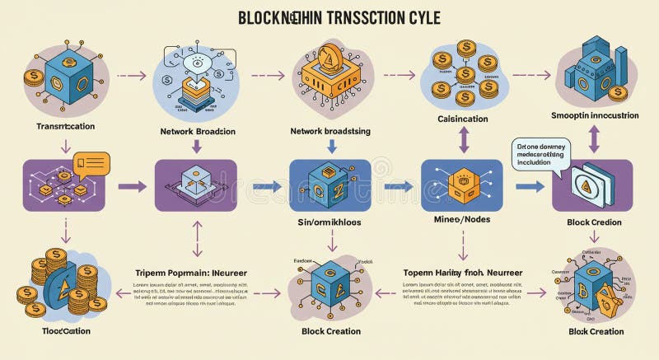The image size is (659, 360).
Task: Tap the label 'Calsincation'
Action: (x=456, y=119)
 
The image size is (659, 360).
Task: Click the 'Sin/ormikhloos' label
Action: (x=330, y=222)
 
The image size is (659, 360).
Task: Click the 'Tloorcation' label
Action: (x=55, y=331)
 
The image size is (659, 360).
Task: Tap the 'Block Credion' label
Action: (x=594, y=222)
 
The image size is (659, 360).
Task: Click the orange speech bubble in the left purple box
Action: (x=89, y=163)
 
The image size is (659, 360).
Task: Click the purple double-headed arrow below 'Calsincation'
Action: (x=462, y=141)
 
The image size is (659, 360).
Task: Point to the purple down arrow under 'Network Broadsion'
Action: (x=196, y=147)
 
